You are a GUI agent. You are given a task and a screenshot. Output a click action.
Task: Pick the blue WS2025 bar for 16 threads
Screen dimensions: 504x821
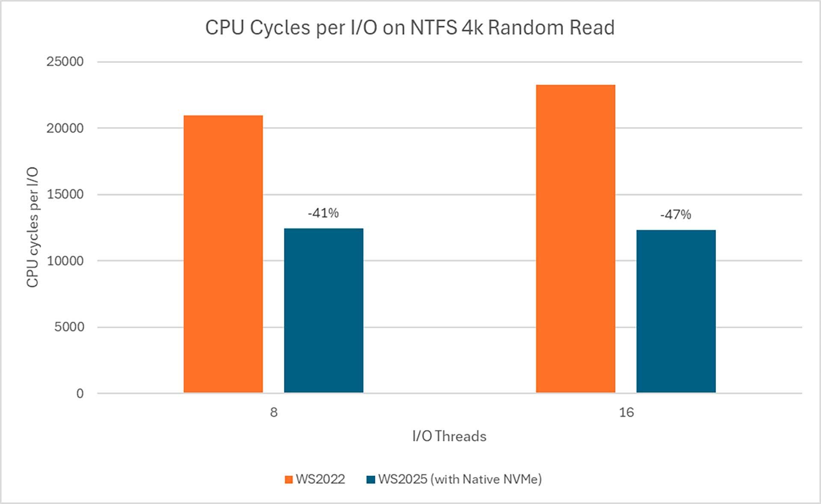tap(676, 311)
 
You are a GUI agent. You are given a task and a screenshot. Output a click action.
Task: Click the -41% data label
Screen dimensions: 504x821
tap(323, 213)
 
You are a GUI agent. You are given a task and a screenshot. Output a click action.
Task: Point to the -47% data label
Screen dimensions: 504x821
tap(676, 215)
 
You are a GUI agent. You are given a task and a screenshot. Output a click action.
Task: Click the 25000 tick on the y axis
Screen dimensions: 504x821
tap(65, 62)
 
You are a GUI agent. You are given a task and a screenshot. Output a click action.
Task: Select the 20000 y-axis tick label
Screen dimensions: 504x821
tap(65, 128)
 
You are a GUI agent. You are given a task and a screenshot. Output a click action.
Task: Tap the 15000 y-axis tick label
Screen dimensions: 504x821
tap(65, 194)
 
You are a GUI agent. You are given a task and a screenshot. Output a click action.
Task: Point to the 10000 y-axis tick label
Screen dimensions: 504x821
tap(65, 261)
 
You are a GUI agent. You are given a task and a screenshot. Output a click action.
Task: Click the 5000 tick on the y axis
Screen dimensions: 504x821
tap(69, 327)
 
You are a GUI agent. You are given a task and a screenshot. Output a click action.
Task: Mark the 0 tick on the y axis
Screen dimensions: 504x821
tap(80, 394)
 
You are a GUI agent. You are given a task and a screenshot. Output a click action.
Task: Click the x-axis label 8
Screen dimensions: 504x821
tap(274, 412)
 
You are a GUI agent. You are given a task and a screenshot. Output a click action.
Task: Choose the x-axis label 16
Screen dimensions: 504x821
tap(626, 412)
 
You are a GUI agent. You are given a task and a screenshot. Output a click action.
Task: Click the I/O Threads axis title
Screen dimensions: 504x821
tap(449, 436)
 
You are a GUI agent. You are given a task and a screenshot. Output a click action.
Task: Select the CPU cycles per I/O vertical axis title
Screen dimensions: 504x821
tap(33, 227)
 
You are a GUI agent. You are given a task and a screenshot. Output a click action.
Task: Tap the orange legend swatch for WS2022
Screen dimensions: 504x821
tap(289, 480)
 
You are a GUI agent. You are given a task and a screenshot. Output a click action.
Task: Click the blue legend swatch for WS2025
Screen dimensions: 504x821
tap(371, 480)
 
